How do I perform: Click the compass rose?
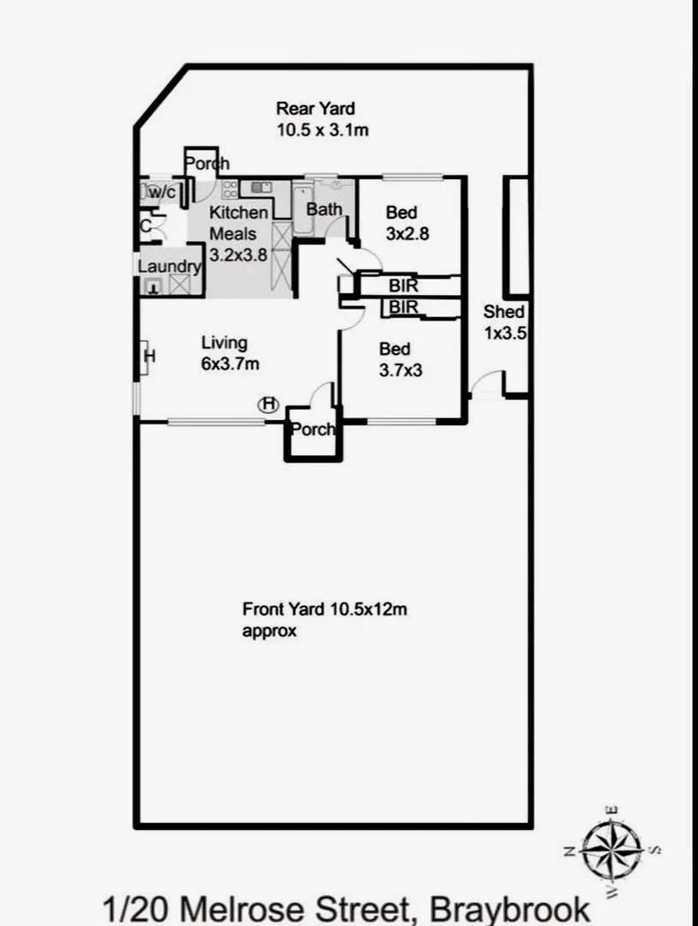(611, 851)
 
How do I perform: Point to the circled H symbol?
(268, 405)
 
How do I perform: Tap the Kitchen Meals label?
(238, 233)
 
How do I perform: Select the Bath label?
(324, 209)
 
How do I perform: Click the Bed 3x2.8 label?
(406, 223)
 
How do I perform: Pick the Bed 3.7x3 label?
(400, 359)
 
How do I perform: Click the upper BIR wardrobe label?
(403, 286)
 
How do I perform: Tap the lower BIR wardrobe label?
(403, 306)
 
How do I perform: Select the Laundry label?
(170, 267)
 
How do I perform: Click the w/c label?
(162, 192)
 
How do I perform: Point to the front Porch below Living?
(313, 430)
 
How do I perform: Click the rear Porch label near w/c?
(207, 163)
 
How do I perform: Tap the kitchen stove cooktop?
(230, 189)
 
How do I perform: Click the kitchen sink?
(261, 188)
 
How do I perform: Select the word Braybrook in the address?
(509, 910)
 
